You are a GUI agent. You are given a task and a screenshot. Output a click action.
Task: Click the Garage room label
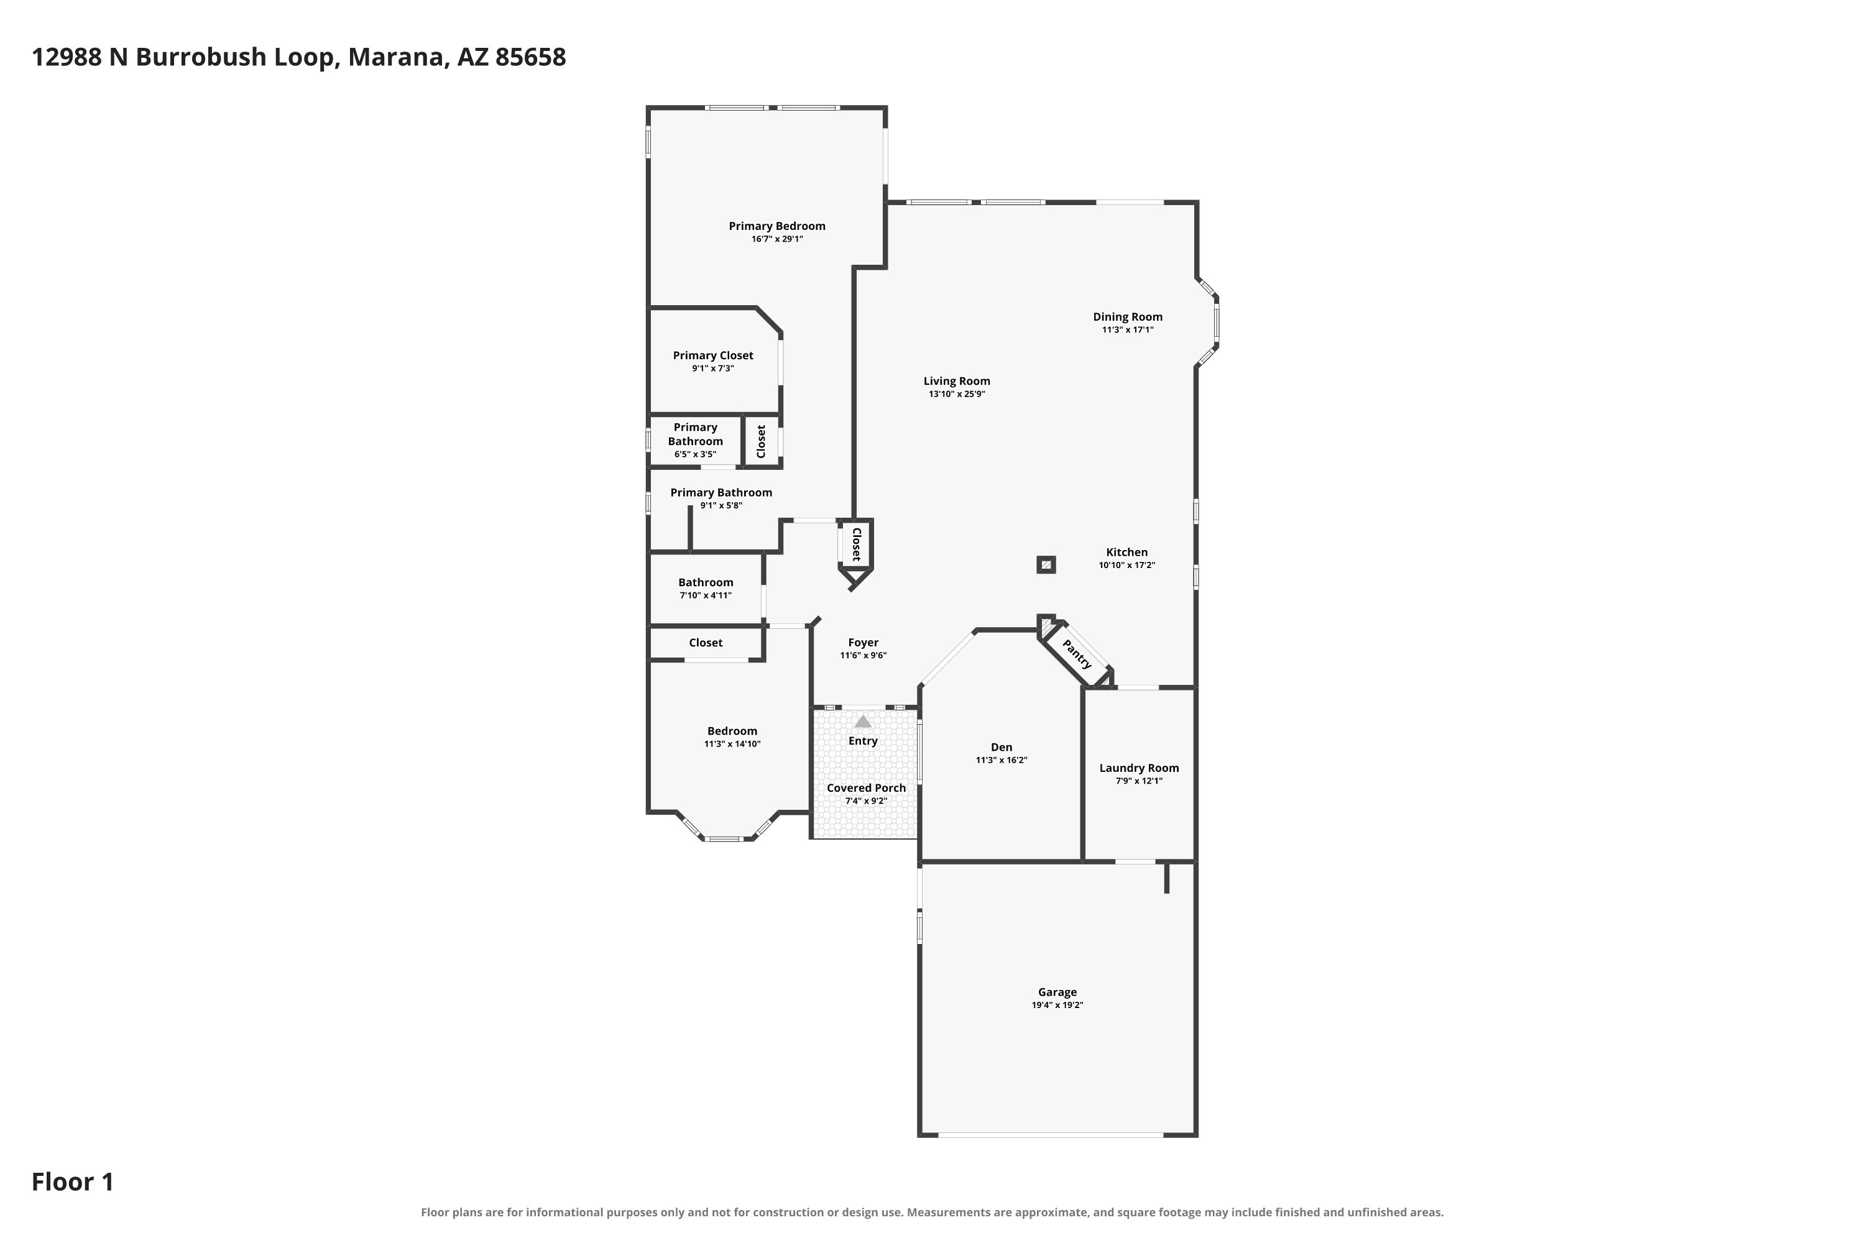1057,992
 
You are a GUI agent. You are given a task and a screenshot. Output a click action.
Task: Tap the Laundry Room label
1139,768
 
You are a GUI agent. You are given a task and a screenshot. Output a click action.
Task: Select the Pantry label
1077,654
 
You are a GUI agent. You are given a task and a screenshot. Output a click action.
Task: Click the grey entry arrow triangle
863,722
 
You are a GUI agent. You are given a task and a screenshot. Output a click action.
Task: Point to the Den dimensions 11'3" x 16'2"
1002,760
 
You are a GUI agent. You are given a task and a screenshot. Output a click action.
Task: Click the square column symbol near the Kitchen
1046,564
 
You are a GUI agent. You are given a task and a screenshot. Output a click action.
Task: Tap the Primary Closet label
713,355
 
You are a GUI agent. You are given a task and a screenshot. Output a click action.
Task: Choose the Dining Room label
1128,316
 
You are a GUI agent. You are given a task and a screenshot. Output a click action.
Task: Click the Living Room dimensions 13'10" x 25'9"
957,394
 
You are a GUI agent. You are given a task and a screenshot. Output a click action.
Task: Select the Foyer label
863,642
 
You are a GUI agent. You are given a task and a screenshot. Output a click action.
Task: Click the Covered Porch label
866,787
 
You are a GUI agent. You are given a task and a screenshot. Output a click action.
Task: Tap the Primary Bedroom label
777,226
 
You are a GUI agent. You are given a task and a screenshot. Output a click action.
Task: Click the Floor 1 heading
73,1182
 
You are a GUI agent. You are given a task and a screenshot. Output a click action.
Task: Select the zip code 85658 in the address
530,57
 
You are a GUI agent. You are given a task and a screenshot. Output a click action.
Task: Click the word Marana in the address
395,58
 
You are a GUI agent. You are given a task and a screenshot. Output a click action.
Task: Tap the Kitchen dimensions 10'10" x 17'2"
1126,565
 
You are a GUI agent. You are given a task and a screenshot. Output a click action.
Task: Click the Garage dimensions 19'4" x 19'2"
1057,1005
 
